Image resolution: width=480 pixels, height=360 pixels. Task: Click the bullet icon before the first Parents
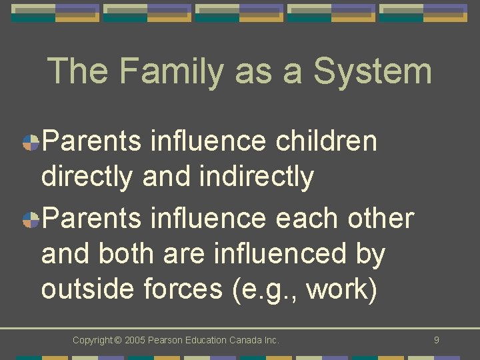tap(31, 143)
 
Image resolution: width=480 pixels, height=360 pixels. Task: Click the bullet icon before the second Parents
tap(31, 219)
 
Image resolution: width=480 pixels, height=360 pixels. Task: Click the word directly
tap(87, 177)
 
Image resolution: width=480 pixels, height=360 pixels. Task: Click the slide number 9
tap(436, 340)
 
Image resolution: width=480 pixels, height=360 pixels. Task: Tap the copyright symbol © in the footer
tap(118, 341)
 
